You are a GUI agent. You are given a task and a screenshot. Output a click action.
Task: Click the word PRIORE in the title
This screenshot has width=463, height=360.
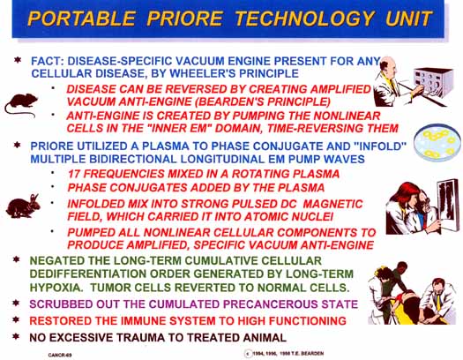(x=184, y=19)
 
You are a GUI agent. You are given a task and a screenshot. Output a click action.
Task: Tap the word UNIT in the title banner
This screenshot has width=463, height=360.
(x=408, y=19)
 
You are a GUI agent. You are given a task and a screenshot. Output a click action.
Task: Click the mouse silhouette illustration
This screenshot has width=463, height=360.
(x=21, y=105)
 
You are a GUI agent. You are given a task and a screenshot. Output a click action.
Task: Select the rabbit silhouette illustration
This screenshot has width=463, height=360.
(x=23, y=206)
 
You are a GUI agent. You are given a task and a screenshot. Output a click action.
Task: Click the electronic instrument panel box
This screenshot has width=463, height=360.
(x=434, y=82)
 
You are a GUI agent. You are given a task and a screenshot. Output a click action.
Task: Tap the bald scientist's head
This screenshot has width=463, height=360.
(x=389, y=66)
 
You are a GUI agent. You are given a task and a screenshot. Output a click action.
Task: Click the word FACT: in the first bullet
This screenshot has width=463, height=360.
(x=48, y=61)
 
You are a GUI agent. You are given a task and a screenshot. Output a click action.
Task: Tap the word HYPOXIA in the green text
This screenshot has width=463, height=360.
(x=56, y=288)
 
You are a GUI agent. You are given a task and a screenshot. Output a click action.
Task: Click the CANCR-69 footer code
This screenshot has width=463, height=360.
(x=60, y=355)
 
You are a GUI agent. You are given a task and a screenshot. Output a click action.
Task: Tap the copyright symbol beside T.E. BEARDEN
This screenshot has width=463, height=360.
(x=248, y=354)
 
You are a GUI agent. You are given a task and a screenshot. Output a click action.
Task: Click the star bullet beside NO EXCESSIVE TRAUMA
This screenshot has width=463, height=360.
(x=16, y=336)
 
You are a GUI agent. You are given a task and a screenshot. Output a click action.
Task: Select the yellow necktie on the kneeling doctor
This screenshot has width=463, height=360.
(x=438, y=300)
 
